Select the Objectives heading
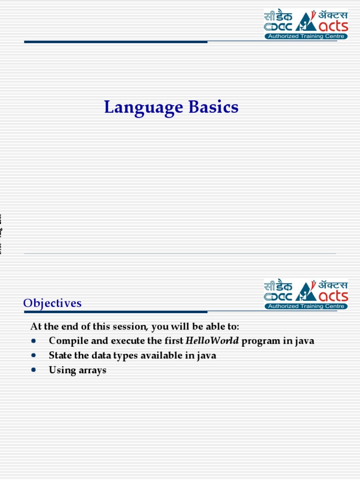click(x=52, y=303)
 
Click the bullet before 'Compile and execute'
click(x=34, y=341)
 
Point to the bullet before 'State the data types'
click(x=34, y=356)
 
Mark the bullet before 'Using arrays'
click(x=34, y=370)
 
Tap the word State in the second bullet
click(x=60, y=356)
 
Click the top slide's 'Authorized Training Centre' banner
click(x=306, y=37)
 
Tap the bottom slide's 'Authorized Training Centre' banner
click(x=306, y=307)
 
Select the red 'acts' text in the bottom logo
click(x=332, y=296)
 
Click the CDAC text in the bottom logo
click(x=278, y=297)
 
